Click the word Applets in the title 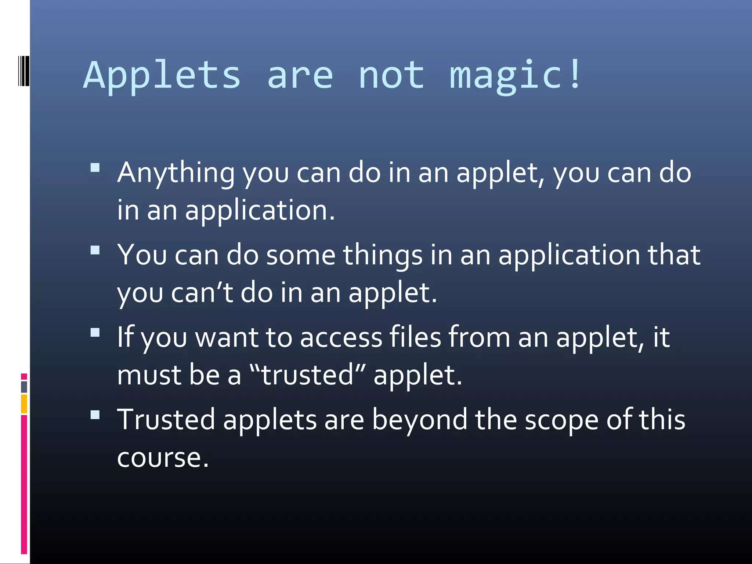[x=162, y=75]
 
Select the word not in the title [x=391, y=75]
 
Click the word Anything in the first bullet [x=176, y=173]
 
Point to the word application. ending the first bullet [x=260, y=210]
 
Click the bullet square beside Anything [x=95, y=168]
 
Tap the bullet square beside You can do [x=95, y=250]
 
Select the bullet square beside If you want [x=95, y=332]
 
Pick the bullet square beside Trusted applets [x=95, y=415]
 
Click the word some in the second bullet [x=300, y=255]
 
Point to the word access [x=341, y=337]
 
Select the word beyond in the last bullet [x=420, y=420]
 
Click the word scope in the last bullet [x=562, y=420]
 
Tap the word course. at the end [x=163, y=458]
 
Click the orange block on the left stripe [x=24, y=404]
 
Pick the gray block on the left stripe [x=24, y=387]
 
